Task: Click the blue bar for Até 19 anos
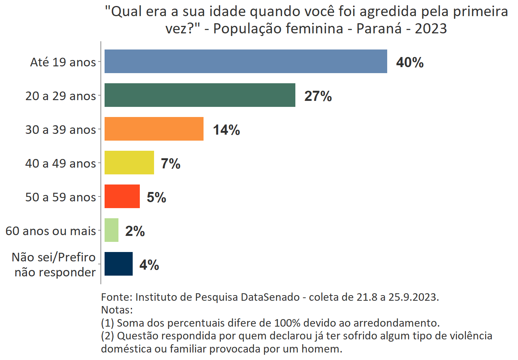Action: tap(246, 61)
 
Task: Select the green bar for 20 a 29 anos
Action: tap(200, 95)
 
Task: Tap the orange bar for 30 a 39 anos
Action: tap(154, 129)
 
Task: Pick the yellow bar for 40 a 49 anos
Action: tap(129, 162)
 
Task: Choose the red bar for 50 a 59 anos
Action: tap(122, 196)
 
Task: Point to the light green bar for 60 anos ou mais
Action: tap(111, 230)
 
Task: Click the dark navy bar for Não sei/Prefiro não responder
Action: tap(118, 264)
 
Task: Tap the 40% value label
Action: tap(410, 62)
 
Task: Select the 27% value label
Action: tap(318, 96)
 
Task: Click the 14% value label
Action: tap(226, 130)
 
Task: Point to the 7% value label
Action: tap(171, 163)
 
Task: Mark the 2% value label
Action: tap(135, 231)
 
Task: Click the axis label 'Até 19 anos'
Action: tap(63, 62)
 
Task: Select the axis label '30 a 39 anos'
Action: tap(61, 129)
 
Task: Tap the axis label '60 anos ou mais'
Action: tap(51, 231)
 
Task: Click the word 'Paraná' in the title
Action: tap(379, 28)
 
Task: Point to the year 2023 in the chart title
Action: tap(431, 28)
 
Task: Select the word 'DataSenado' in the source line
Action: tap(270, 297)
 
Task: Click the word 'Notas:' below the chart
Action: tap(117, 310)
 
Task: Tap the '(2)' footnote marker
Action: tap(107, 336)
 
